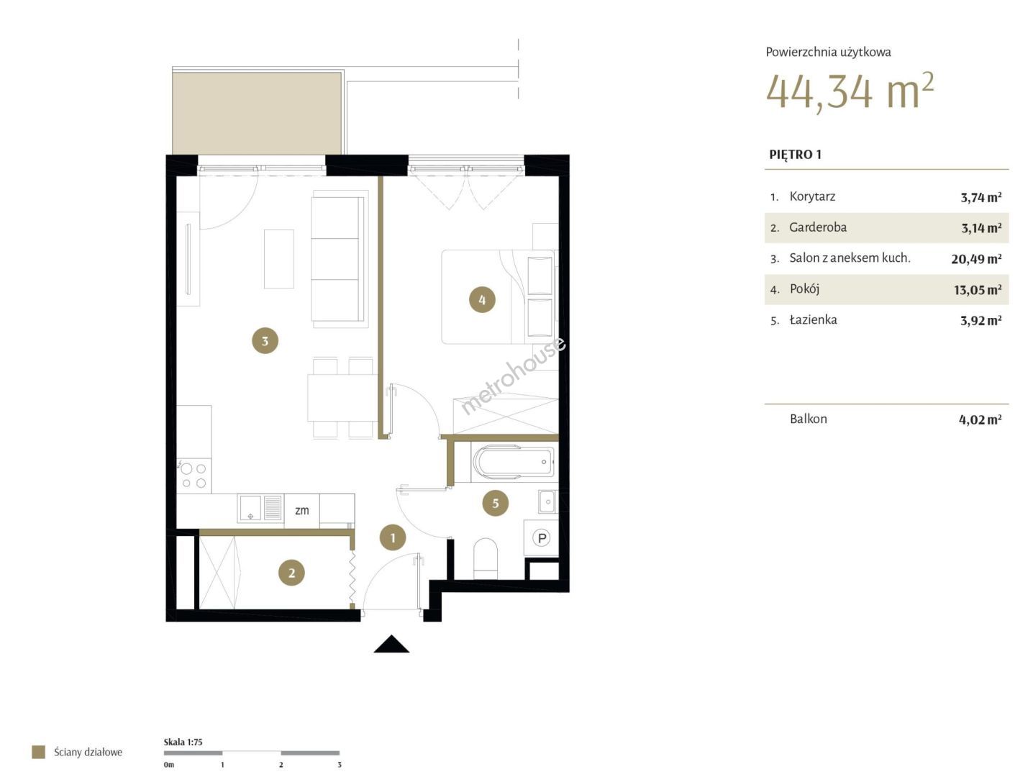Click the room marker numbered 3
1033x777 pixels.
[x=265, y=341]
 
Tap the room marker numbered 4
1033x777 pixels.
[x=483, y=300]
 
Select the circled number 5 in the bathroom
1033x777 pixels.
[x=496, y=503]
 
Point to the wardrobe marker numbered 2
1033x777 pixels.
[x=292, y=573]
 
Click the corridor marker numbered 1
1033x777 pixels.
[x=393, y=537]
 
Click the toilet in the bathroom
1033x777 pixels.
[x=486, y=558]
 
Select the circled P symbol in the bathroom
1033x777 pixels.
[x=542, y=538]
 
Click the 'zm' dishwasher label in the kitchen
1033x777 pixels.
[x=301, y=510]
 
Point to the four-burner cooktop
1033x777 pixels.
[x=194, y=476]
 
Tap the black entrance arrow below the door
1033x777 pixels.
[x=391, y=644]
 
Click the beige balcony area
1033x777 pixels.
[x=257, y=114]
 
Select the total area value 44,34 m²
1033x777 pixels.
[x=850, y=92]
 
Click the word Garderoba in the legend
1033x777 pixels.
[x=818, y=227]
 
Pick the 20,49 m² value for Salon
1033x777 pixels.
[x=976, y=259]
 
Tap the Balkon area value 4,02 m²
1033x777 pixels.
[x=980, y=419]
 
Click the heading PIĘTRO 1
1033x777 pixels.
[x=796, y=155]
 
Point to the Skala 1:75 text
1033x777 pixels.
[x=183, y=742]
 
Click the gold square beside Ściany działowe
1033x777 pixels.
[x=39, y=752]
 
